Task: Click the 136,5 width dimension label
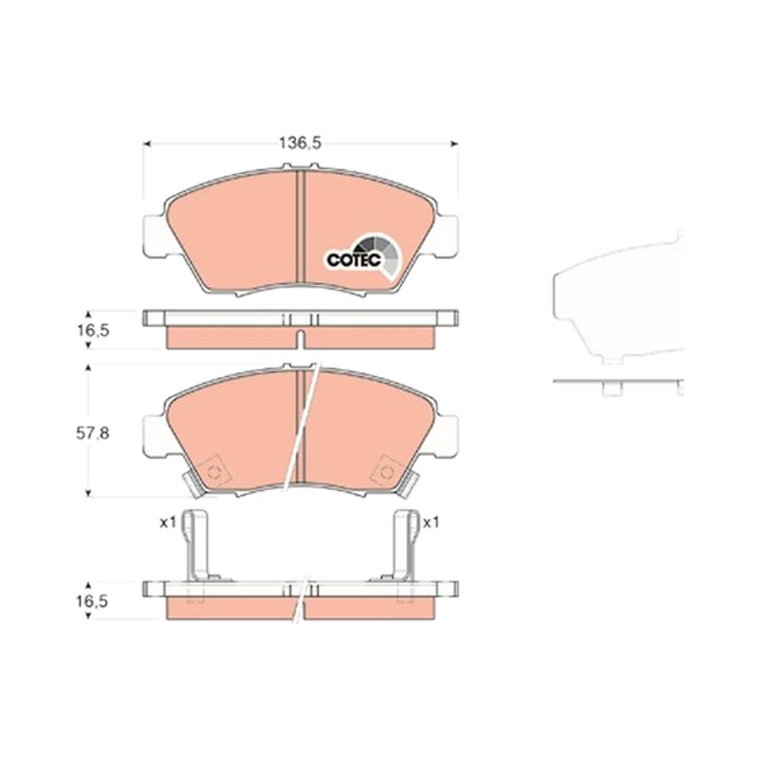pos(300,142)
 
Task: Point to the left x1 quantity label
pos(168,522)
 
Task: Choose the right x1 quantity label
pos(431,522)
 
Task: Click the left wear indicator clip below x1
pos(198,544)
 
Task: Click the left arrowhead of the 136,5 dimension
pos(147,143)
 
